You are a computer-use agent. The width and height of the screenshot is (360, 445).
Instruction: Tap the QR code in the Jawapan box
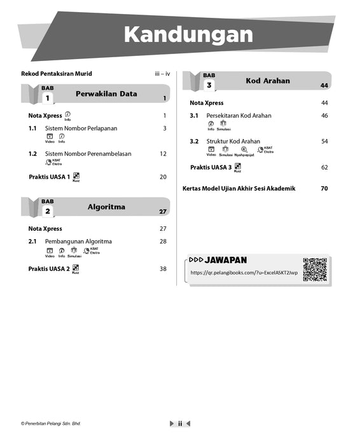pos(314,270)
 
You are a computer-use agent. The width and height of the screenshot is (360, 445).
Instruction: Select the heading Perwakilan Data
pos(106,94)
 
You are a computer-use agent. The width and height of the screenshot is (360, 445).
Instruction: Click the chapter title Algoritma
pos(106,207)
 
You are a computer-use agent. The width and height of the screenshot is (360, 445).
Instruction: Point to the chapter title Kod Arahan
pos(268,81)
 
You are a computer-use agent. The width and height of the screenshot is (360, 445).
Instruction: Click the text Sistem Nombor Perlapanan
pos(81,128)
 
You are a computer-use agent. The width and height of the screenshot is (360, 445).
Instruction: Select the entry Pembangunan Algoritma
pos(78,242)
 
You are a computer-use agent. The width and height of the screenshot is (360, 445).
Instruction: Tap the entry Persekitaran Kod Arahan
pos(239,116)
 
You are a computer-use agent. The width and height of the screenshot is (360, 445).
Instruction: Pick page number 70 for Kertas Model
pos(324,189)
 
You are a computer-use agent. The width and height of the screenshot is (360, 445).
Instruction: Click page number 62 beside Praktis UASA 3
pos(324,167)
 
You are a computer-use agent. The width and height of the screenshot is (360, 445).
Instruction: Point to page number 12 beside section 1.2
pos(163,153)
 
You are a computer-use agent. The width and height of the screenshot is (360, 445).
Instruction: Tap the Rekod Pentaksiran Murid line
pos(56,74)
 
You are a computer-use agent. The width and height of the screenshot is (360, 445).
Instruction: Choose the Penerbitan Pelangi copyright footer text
pos(51,423)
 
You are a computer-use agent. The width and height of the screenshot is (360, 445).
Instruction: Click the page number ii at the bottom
pos(180,423)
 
